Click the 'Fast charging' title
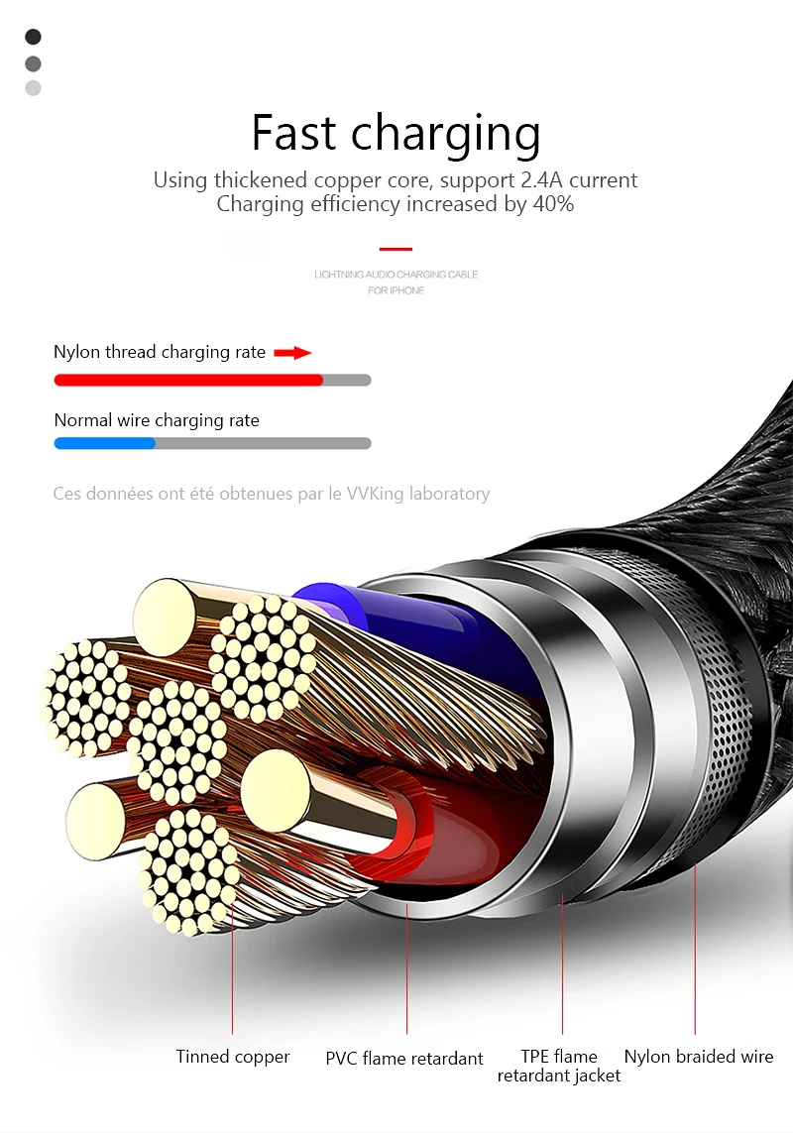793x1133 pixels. [x=396, y=133]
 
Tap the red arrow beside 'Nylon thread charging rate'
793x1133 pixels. [x=292, y=353]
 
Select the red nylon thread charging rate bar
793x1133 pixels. [x=188, y=380]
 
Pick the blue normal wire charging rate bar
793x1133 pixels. [x=105, y=443]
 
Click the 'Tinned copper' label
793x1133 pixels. [x=233, y=1057]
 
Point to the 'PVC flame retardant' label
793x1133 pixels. [x=404, y=1059]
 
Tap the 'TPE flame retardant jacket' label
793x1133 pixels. [x=559, y=1066]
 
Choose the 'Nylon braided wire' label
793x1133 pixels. [x=698, y=1057]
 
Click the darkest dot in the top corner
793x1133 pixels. [x=33, y=36]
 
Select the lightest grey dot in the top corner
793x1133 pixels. [x=33, y=88]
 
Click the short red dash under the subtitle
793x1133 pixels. [x=396, y=249]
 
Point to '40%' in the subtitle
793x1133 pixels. [x=553, y=204]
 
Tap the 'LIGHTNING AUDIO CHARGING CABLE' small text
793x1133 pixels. [x=396, y=275]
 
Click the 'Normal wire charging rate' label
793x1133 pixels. [x=157, y=420]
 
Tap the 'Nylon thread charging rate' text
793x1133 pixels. [x=160, y=352]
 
